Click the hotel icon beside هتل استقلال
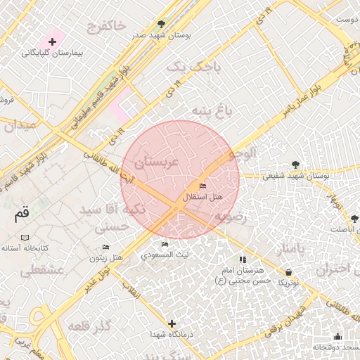coord(203,186)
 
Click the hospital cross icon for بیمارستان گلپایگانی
coord(53,42)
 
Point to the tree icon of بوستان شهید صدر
coord(162,24)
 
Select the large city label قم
coord(22,214)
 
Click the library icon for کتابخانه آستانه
coord(25,238)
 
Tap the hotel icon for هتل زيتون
coord(106,247)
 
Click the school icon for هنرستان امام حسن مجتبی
coord(243,260)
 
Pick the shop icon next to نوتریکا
coord(289,272)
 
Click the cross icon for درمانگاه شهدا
coord(172,323)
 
